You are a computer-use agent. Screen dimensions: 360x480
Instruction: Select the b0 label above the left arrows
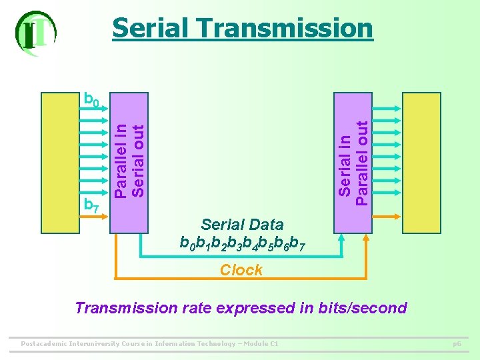point(91,100)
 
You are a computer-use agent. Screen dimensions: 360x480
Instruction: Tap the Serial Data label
point(242,225)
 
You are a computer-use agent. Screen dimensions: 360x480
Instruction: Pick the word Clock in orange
point(241,270)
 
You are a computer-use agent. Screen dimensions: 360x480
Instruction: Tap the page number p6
point(457,344)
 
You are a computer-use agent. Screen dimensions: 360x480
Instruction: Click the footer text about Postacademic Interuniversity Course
point(150,344)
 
